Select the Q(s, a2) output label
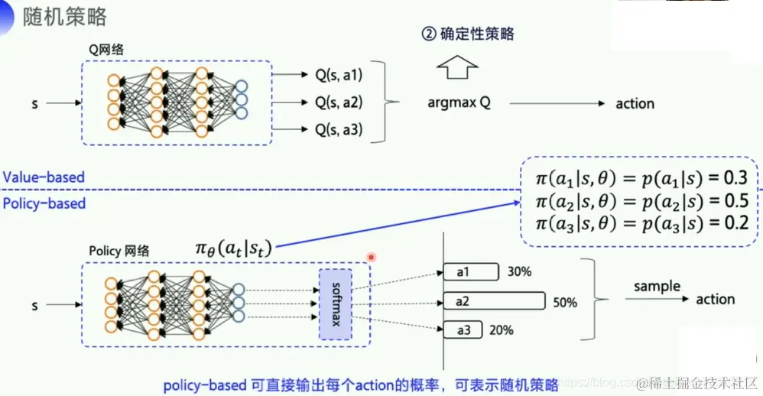[x=339, y=102]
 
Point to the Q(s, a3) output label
[x=339, y=130]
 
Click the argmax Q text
[x=459, y=103]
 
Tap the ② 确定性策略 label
[x=468, y=34]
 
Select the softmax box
[x=336, y=304]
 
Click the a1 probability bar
[x=470, y=271]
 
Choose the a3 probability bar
[x=464, y=330]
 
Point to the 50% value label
[x=565, y=303]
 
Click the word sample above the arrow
[x=657, y=287]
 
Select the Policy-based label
[x=44, y=203]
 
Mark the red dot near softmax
[x=371, y=257]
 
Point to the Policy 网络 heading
[x=119, y=251]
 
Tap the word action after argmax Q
[x=635, y=103]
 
